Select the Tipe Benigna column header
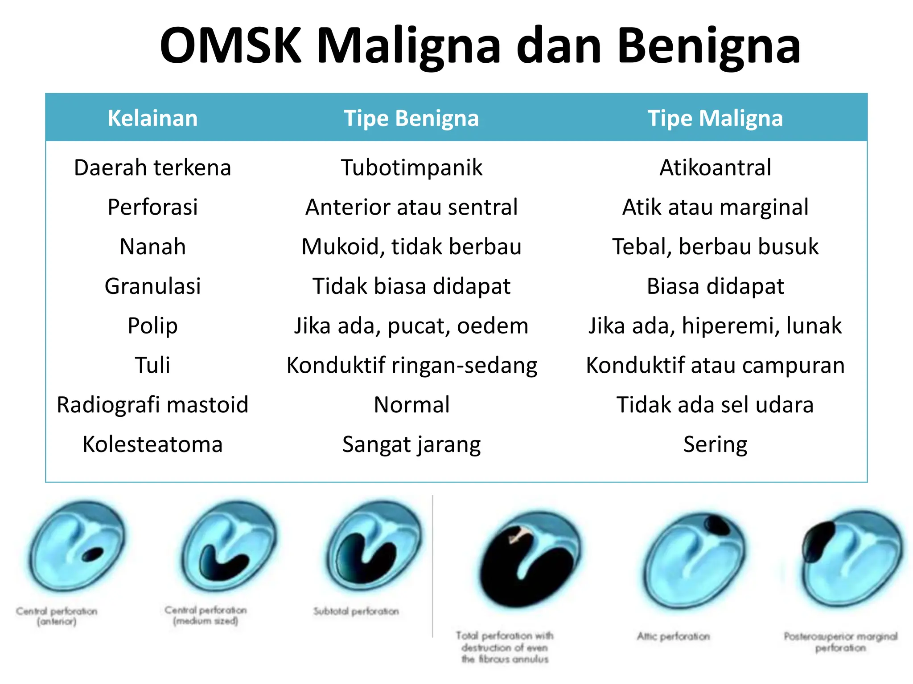click(411, 118)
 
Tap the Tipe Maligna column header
click(715, 118)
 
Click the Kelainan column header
click(152, 118)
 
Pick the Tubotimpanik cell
click(411, 168)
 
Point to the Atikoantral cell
click(715, 168)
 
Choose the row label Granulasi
click(152, 286)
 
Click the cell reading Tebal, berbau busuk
click(715, 247)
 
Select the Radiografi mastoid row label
click(152, 405)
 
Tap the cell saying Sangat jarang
click(411, 444)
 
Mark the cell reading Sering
click(715, 444)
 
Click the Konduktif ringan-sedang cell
click(411, 366)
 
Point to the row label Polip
click(152, 326)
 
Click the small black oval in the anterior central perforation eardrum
click(93, 554)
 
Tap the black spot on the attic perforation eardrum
click(717, 525)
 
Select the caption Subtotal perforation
click(356, 611)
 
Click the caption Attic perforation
click(673, 636)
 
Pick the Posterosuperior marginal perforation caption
click(840, 642)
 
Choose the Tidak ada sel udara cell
click(715, 405)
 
